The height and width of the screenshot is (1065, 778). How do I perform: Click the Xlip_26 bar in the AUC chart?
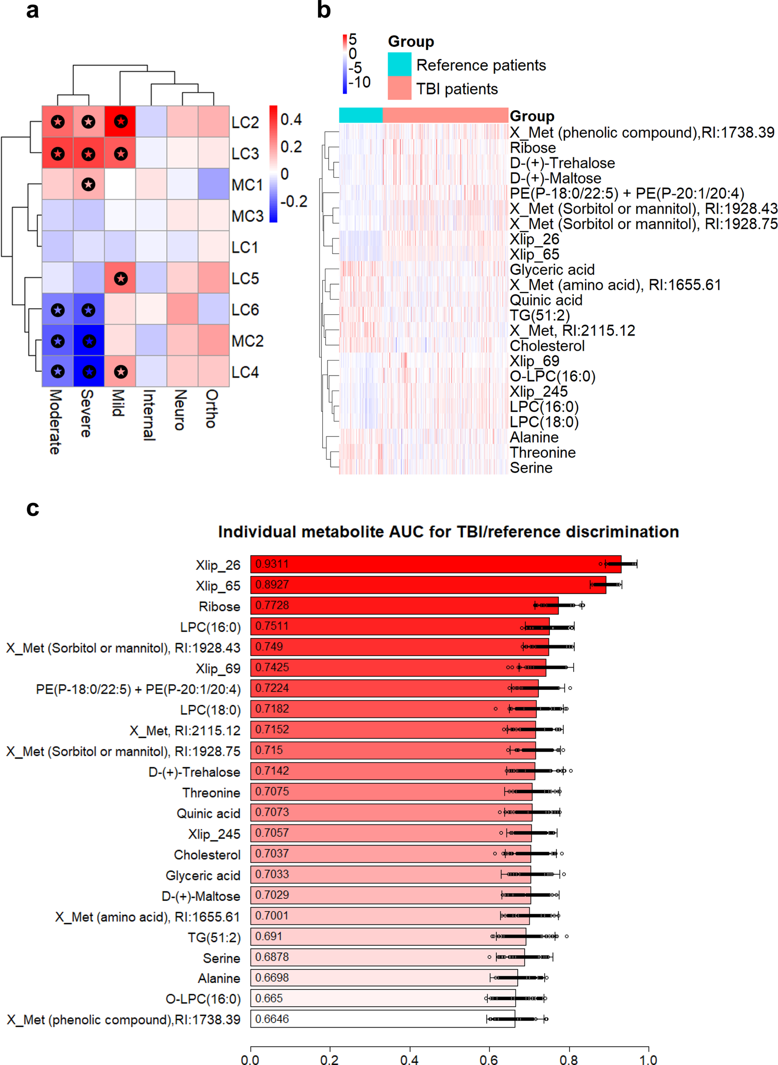(x=436, y=564)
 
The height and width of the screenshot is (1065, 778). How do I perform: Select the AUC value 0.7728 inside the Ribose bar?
(x=272, y=605)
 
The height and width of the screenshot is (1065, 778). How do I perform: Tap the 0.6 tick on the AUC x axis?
(x=489, y=1059)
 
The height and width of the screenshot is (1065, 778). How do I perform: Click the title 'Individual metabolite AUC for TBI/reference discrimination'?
(x=448, y=532)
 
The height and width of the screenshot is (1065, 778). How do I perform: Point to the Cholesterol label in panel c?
(x=207, y=855)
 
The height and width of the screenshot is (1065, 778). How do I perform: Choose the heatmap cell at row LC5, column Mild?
(x=120, y=278)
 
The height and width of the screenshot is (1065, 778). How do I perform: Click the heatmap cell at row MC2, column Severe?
(x=89, y=341)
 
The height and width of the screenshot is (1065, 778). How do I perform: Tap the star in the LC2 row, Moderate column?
(x=58, y=122)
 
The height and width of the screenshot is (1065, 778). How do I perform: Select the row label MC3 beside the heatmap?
(x=247, y=216)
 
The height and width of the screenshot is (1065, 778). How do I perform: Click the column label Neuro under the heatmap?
(x=180, y=410)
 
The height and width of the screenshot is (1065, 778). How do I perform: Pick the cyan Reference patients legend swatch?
(x=399, y=64)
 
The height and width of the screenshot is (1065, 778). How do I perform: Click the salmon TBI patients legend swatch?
(x=399, y=88)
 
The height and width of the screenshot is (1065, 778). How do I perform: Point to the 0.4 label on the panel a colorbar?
(x=291, y=120)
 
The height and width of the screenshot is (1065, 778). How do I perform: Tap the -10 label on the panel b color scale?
(x=359, y=82)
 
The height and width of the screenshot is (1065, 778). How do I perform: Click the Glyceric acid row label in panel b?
(x=552, y=270)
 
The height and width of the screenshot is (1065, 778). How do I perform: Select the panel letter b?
(x=324, y=10)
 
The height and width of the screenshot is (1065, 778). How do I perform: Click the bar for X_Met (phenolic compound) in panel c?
(x=383, y=1019)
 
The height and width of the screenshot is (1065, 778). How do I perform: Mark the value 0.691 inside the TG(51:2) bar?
(x=269, y=936)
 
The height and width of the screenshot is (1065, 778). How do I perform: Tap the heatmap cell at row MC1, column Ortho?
(x=214, y=184)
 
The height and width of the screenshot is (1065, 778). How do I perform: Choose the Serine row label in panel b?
(x=531, y=468)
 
